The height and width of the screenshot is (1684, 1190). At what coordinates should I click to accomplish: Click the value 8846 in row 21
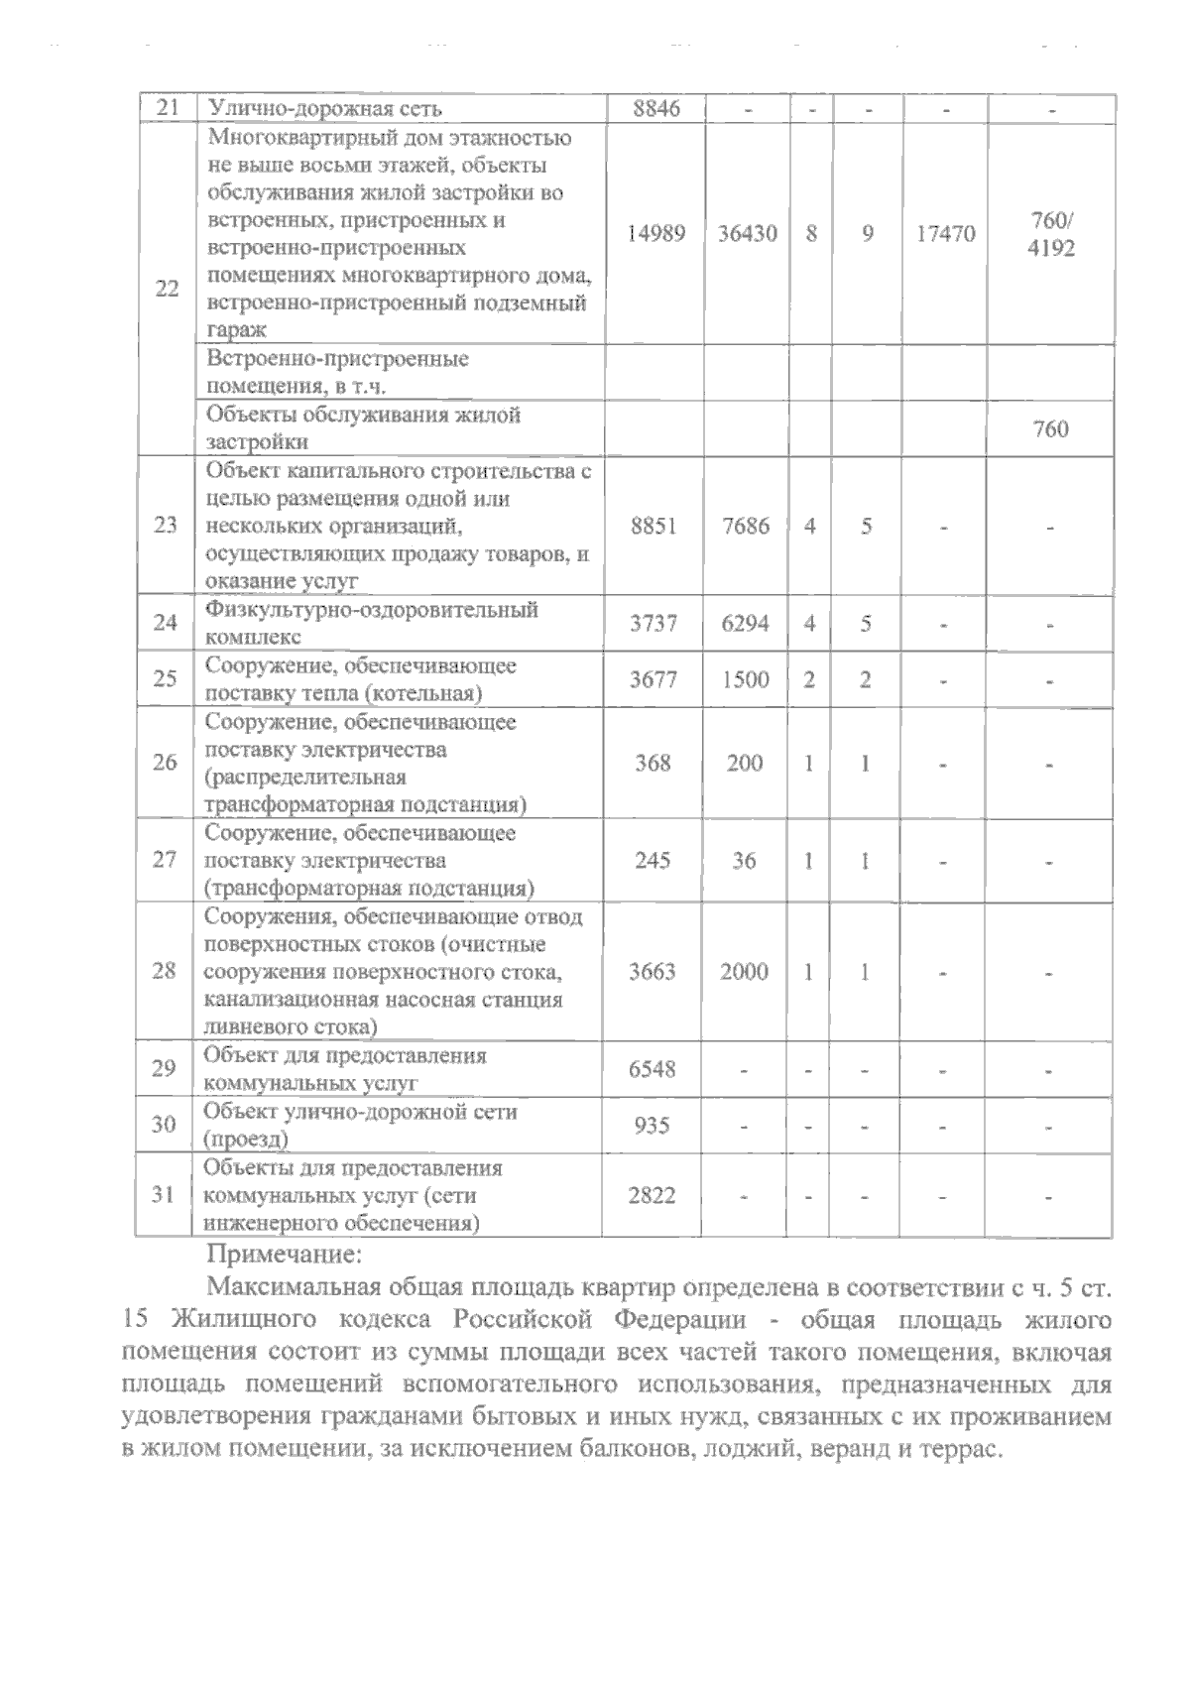[655, 108]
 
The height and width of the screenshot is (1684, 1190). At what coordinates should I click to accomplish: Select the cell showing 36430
[747, 234]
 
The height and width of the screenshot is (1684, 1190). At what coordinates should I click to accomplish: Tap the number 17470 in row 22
[944, 235]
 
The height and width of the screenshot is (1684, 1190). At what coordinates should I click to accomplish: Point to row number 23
[166, 526]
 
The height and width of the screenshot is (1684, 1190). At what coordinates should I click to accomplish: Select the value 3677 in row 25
[654, 680]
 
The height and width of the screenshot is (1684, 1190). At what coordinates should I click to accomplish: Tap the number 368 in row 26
[653, 763]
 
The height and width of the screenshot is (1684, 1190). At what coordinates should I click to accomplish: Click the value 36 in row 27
[744, 860]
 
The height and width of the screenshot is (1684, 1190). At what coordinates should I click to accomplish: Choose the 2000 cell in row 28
[744, 972]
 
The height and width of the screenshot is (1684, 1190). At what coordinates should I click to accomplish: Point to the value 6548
[653, 1069]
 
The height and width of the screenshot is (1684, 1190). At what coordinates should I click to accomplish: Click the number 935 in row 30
[652, 1126]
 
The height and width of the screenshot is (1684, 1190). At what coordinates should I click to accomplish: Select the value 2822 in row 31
[652, 1195]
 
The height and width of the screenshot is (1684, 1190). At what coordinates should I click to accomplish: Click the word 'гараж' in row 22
[230, 332]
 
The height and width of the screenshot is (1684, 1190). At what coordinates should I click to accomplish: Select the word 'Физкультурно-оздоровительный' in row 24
[371, 609]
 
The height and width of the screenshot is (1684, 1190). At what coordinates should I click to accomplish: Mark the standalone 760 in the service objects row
[1050, 429]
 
